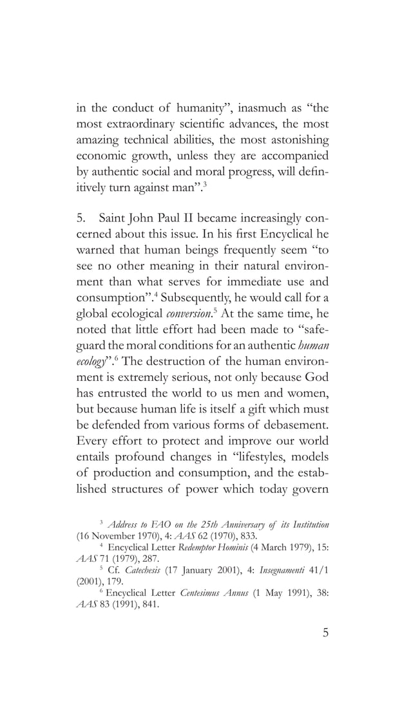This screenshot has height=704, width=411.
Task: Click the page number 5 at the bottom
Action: [326, 632]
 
